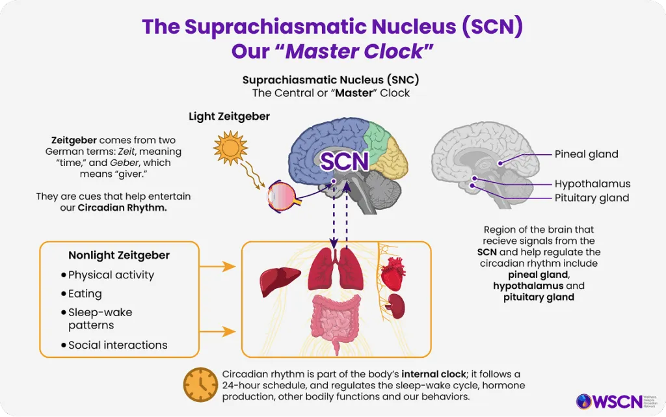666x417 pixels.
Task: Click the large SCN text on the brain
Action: pyautogui.click(x=345, y=161)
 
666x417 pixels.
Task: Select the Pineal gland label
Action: pyautogui.click(x=586, y=155)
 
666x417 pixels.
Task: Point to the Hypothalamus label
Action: pyautogui.click(x=592, y=183)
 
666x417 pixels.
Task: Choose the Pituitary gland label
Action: pyautogui.click(x=591, y=198)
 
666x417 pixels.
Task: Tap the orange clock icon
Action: pyautogui.click(x=200, y=385)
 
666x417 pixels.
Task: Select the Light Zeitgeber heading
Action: pyautogui.click(x=229, y=117)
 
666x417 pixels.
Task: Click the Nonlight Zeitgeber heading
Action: pyautogui.click(x=119, y=256)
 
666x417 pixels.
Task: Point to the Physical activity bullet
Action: pyautogui.click(x=111, y=275)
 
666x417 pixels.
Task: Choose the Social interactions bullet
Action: pyautogui.click(x=118, y=345)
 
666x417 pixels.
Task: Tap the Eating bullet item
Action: pyautogui.click(x=85, y=294)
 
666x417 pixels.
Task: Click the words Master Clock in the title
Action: pyautogui.click(x=356, y=51)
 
